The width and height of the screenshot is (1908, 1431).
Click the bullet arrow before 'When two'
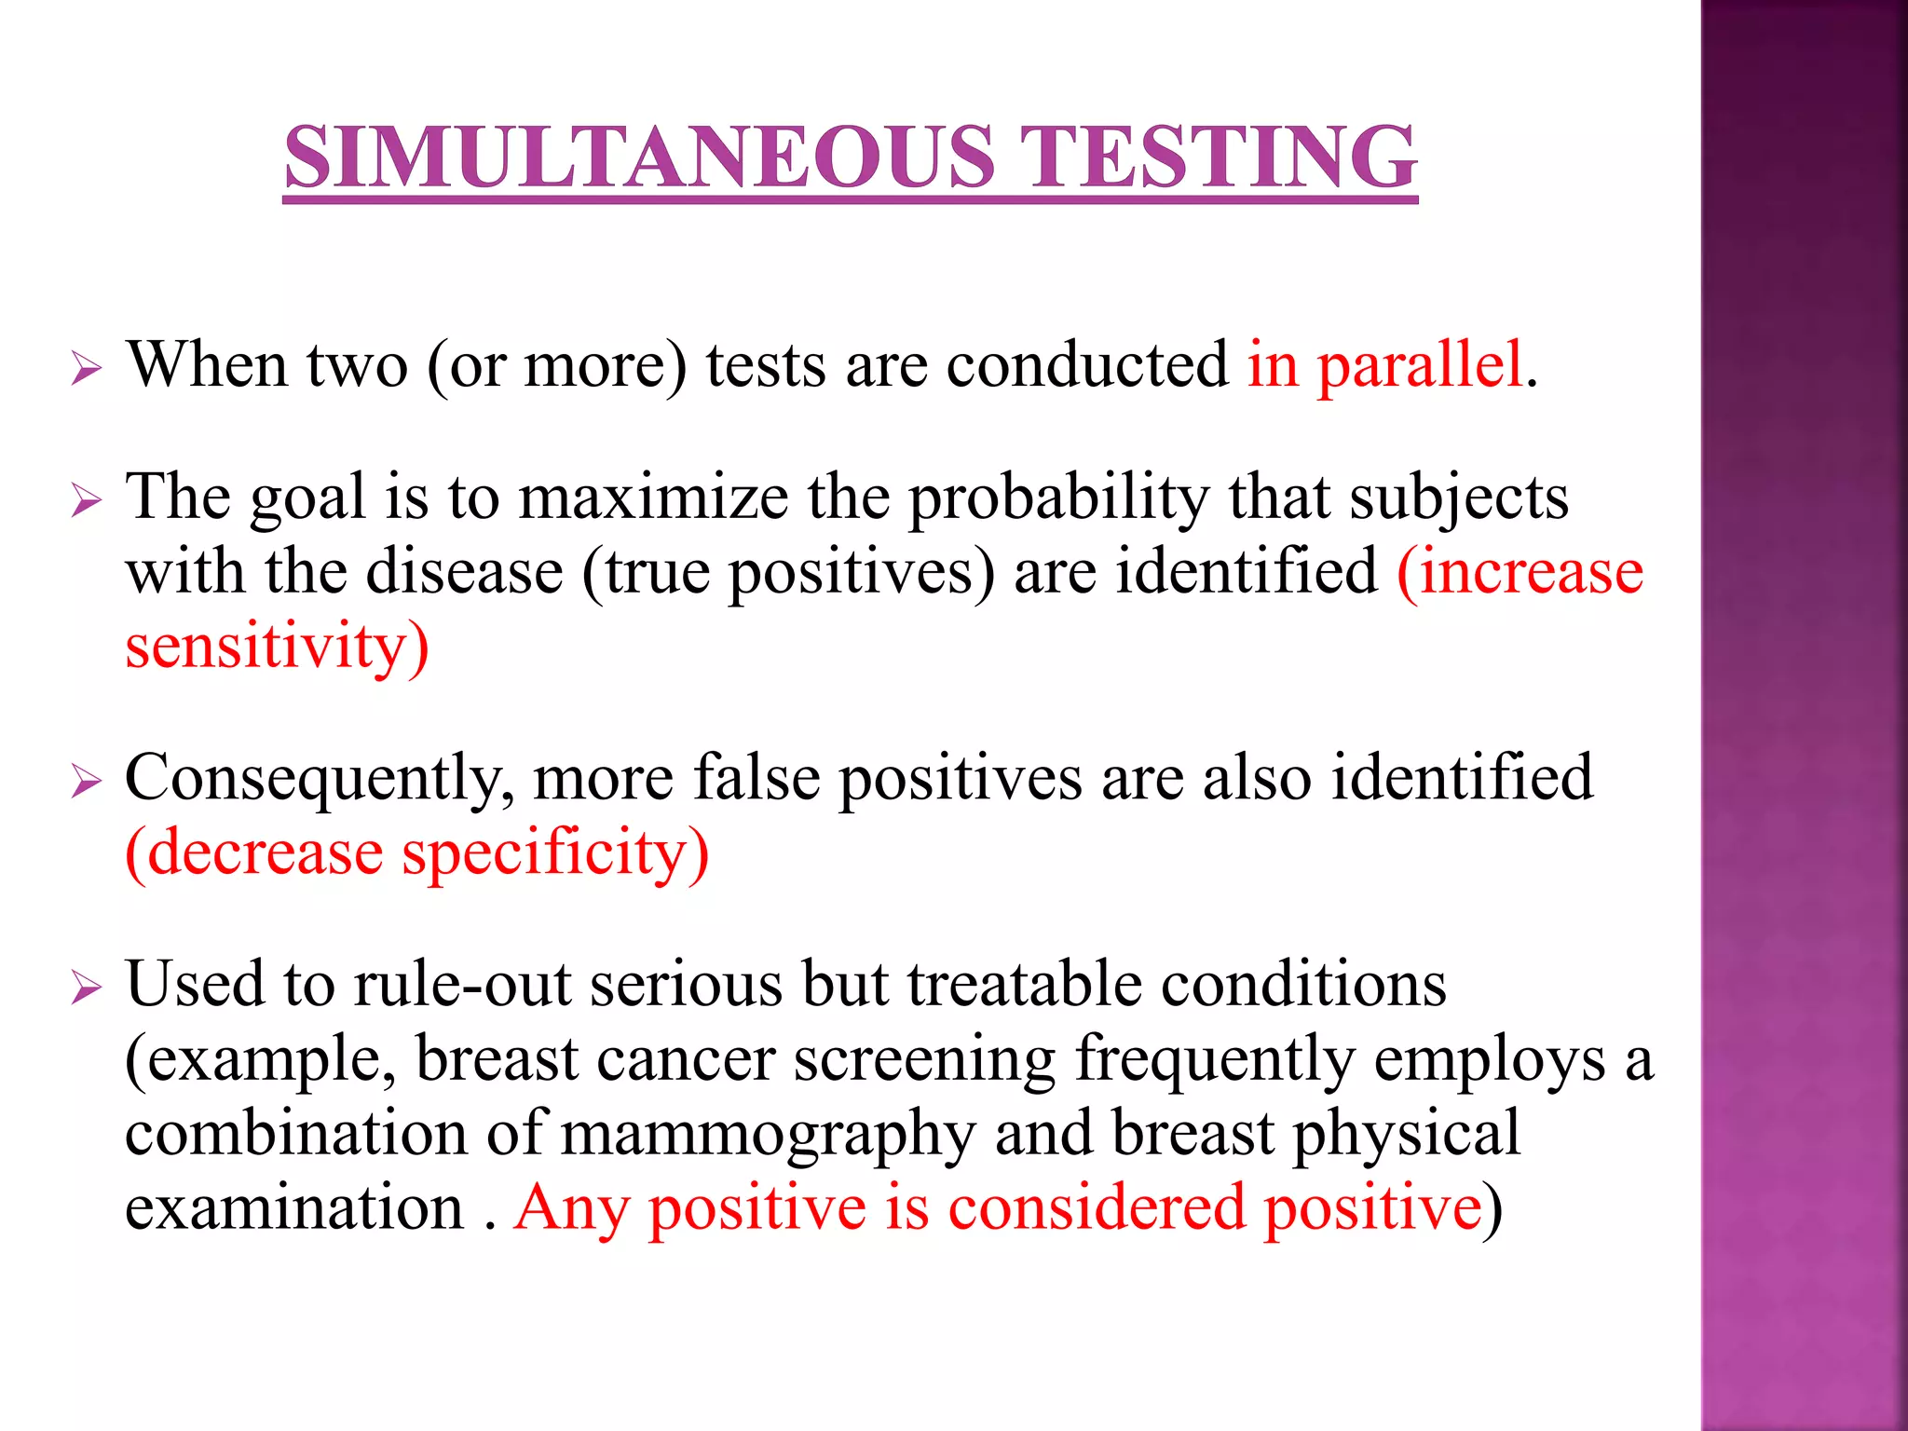tap(86, 369)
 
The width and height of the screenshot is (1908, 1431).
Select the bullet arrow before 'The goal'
tap(86, 501)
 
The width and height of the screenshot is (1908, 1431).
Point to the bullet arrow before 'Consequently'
tap(86, 782)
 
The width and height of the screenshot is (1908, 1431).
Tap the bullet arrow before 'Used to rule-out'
tap(86, 988)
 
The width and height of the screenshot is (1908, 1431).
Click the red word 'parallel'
tap(1420, 364)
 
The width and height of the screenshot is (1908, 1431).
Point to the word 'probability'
tap(1058, 499)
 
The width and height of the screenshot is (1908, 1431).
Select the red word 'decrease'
tap(265, 852)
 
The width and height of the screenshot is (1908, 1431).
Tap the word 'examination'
tap(294, 1207)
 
